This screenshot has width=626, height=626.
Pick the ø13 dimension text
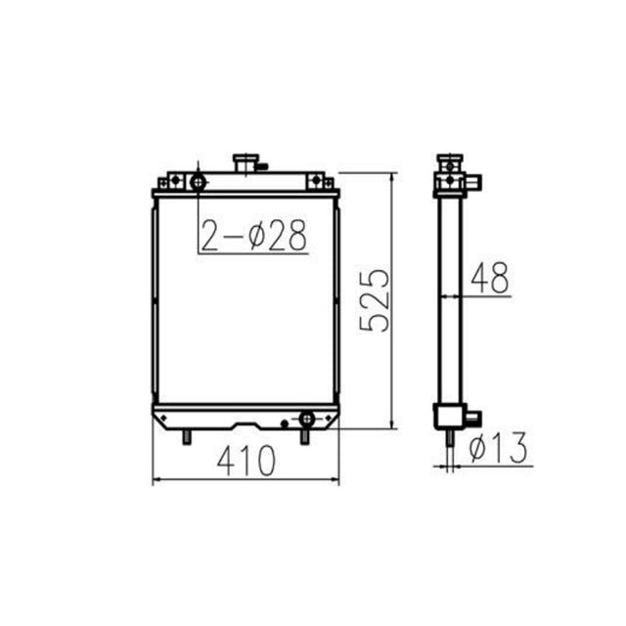[498, 448]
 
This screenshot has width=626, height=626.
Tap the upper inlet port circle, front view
[199, 182]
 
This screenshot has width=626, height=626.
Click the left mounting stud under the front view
[185, 436]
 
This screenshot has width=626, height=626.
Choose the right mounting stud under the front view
[304, 436]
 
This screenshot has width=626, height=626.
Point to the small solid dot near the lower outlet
[283, 424]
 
